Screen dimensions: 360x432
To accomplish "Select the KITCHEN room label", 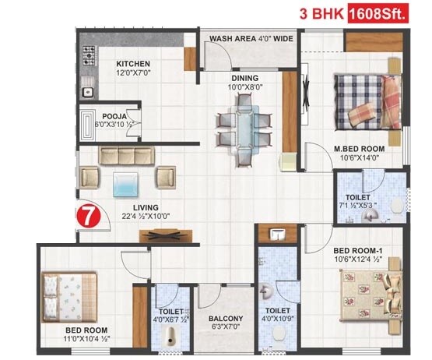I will [x=133, y=64].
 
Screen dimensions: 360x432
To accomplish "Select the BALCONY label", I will [x=226, y=319].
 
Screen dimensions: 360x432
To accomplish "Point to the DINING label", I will [x=244, y=79].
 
